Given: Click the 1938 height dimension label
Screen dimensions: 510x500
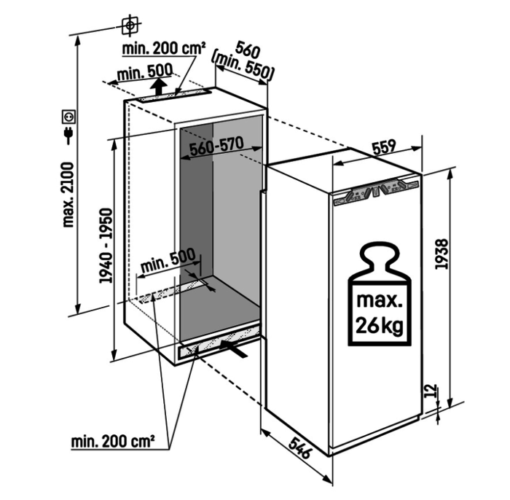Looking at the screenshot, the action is point(442,254).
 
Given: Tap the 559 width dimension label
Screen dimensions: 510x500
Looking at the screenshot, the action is point(384,147).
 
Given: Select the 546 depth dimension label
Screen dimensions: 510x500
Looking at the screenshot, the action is point(300,448).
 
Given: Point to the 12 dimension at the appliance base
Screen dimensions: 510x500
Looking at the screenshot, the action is point(431,391).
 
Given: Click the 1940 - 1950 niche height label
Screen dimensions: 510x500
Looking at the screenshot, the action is point(106,246).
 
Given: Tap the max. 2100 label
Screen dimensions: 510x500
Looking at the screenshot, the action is point(68,195).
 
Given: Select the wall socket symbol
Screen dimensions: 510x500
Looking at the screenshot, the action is point(69,117).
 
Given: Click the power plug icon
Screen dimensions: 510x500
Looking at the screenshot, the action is point(68,136).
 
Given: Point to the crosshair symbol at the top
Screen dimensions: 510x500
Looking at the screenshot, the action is point(130,25).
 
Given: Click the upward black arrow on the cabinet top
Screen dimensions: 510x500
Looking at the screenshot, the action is point(159,86).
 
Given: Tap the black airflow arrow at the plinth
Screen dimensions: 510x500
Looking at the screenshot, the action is point(234,348).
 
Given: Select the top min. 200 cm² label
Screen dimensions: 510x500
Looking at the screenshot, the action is point(164,49).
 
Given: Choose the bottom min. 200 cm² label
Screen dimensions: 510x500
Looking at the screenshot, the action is point(113,442).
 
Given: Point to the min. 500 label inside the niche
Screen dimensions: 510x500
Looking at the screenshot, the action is point(168,261).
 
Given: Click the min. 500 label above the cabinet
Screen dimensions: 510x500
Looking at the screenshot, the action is point(145,72).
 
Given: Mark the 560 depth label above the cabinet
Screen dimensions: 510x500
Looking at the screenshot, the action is point(248,49).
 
